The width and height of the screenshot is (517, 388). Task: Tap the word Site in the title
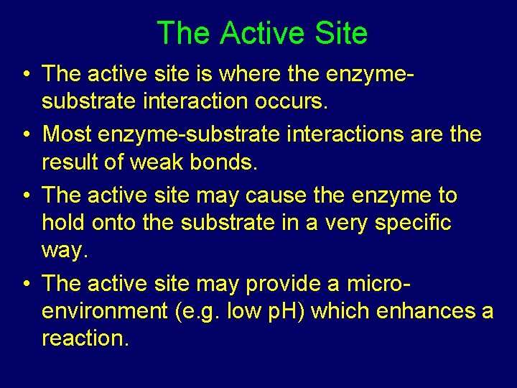pos(343,33)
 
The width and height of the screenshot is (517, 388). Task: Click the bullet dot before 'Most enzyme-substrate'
pos(25,135)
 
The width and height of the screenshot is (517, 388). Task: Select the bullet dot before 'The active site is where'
pos(25,74)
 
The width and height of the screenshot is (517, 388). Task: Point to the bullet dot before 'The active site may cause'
pos(25,196)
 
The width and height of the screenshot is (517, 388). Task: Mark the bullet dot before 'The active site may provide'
pos(25,284)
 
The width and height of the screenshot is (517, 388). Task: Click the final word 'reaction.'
pos(85,338)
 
